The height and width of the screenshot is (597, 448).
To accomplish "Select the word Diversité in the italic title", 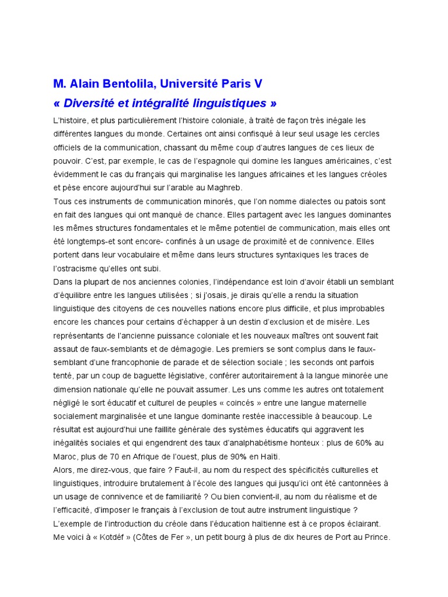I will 90,103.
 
